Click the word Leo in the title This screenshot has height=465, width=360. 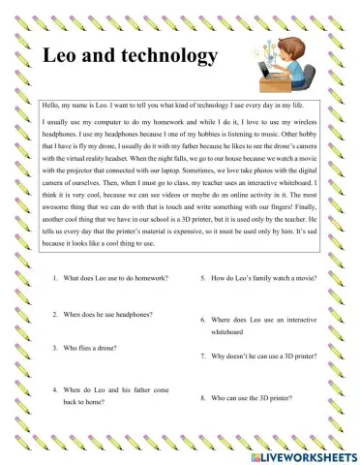click(x=65, y=55)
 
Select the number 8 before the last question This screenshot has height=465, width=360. click(x=201, y=397)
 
